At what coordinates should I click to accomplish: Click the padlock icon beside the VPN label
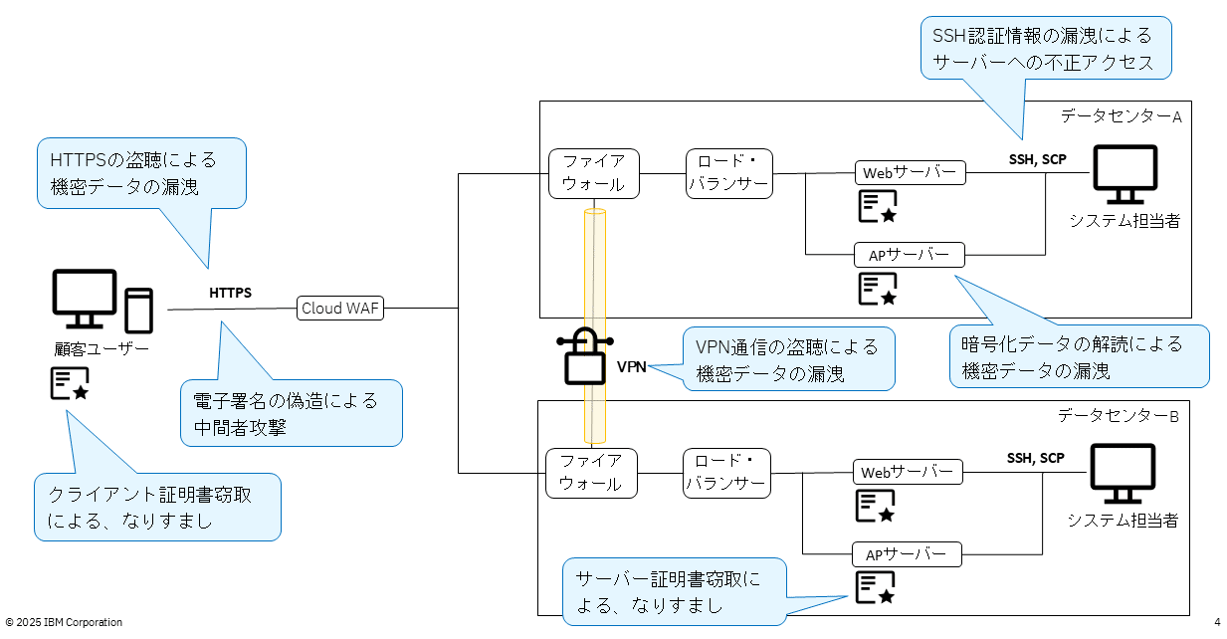[584, 355]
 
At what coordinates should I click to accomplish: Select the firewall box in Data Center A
[594, 173]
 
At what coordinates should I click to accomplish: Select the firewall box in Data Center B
[591, 473]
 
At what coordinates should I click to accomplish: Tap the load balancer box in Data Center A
[728, 173]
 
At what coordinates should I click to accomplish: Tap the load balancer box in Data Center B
[725, 473]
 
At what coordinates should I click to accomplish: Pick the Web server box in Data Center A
[910, 172]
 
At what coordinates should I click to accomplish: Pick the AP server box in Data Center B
[907, 553]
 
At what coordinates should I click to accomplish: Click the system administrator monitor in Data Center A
[1125, 175]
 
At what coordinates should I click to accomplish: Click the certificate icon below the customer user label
[70, 384]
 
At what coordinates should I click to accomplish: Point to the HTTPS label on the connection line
[230, 294]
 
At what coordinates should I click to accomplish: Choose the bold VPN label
[632, 366]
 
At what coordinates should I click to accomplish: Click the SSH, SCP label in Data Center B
[1035, 459]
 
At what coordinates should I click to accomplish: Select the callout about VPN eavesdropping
[786, 359]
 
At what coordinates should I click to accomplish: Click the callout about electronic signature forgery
[291, 412]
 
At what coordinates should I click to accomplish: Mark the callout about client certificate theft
[157, 507]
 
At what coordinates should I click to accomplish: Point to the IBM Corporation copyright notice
[64, 622]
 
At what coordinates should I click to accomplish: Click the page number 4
[1217, 622]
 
